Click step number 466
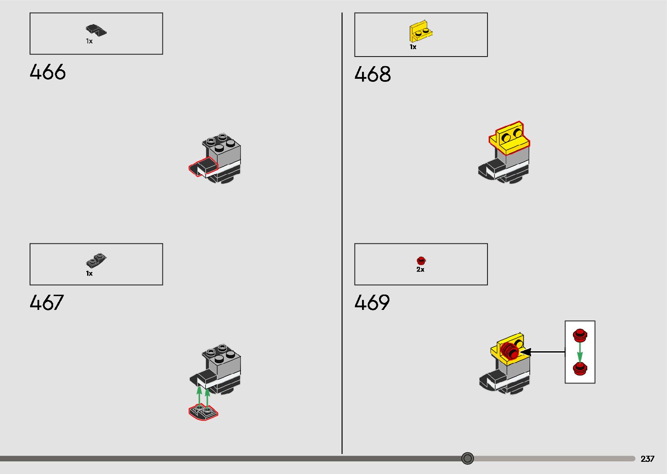point(47,72)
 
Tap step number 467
point(47,303)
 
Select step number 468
point(372,74)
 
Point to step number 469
point(372,303)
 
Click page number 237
point(647,459)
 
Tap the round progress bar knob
point(467,458)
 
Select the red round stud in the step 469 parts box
point(421,261)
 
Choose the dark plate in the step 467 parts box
point(96,261)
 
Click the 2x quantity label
point(420,269)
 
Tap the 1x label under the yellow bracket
point(413,47)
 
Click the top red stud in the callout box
point(580,335)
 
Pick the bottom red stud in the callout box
point(579,368)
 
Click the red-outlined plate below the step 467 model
point(203,412)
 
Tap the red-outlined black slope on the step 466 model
point(203,167)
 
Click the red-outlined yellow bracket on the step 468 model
point(509,138)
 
